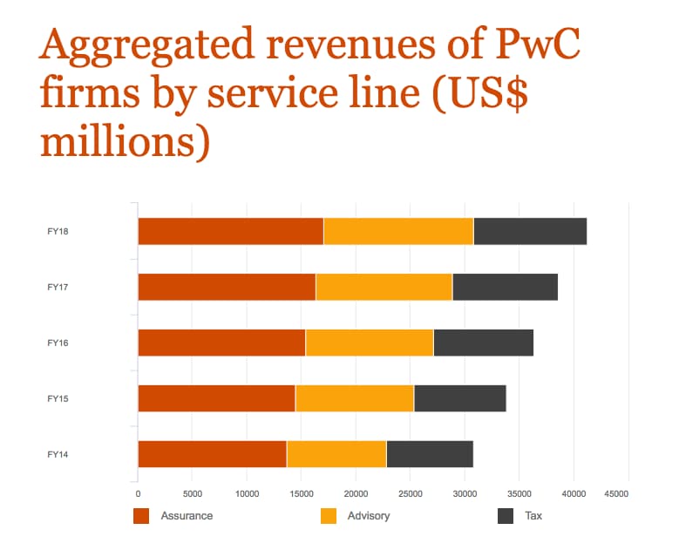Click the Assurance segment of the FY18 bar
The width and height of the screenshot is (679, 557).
tap(230, 231)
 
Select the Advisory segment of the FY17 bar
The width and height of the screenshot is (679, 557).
tap(384, 287)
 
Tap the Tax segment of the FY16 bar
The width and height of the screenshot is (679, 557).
tap(483, 343)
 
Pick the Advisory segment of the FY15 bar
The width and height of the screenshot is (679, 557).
tap(354, 398)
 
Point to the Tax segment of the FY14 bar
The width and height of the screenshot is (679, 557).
tap(429, 454)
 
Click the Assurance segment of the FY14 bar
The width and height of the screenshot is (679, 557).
tap(212, 454)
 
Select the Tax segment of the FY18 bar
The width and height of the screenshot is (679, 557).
tap(530, 231)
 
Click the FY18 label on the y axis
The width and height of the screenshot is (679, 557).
tap(58, 231)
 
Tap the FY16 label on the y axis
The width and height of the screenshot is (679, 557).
tap(58, 343)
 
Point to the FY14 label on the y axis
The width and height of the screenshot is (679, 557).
tap(58, 454)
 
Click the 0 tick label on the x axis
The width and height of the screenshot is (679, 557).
tap(138, 494)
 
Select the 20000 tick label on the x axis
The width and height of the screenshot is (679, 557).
tap(356, 494)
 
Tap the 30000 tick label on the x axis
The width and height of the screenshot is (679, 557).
tap(465, 494)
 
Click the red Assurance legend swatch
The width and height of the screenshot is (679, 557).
tap(141, 516)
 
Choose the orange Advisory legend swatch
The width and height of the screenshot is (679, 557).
tap(329, 516)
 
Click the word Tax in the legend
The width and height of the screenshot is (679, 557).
tap(533, 516)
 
